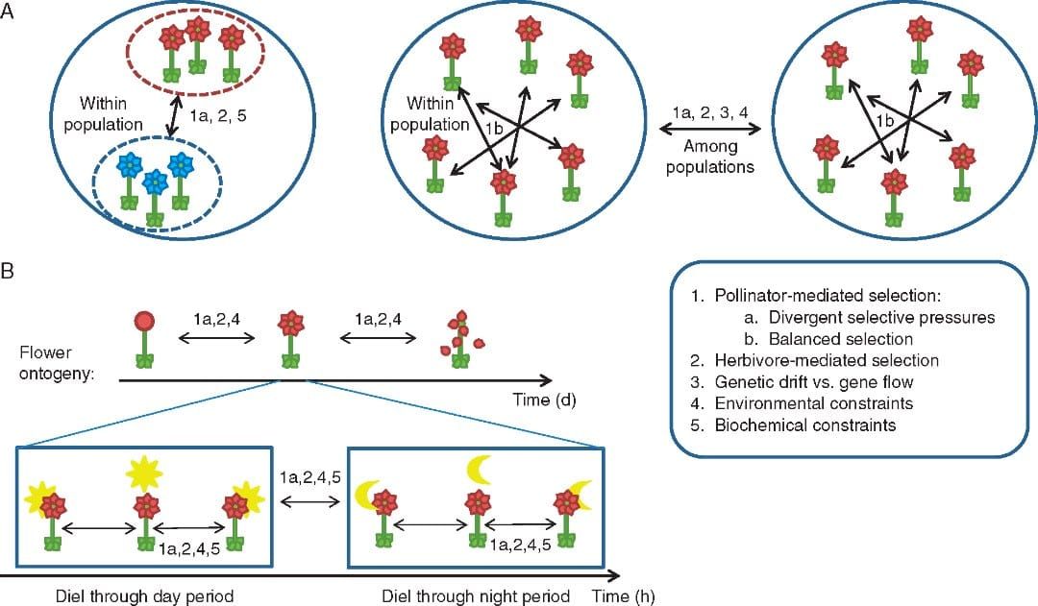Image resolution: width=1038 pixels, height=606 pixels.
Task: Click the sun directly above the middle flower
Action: (145, 473)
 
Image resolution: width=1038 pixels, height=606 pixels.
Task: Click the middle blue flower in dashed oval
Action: (155, 182)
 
